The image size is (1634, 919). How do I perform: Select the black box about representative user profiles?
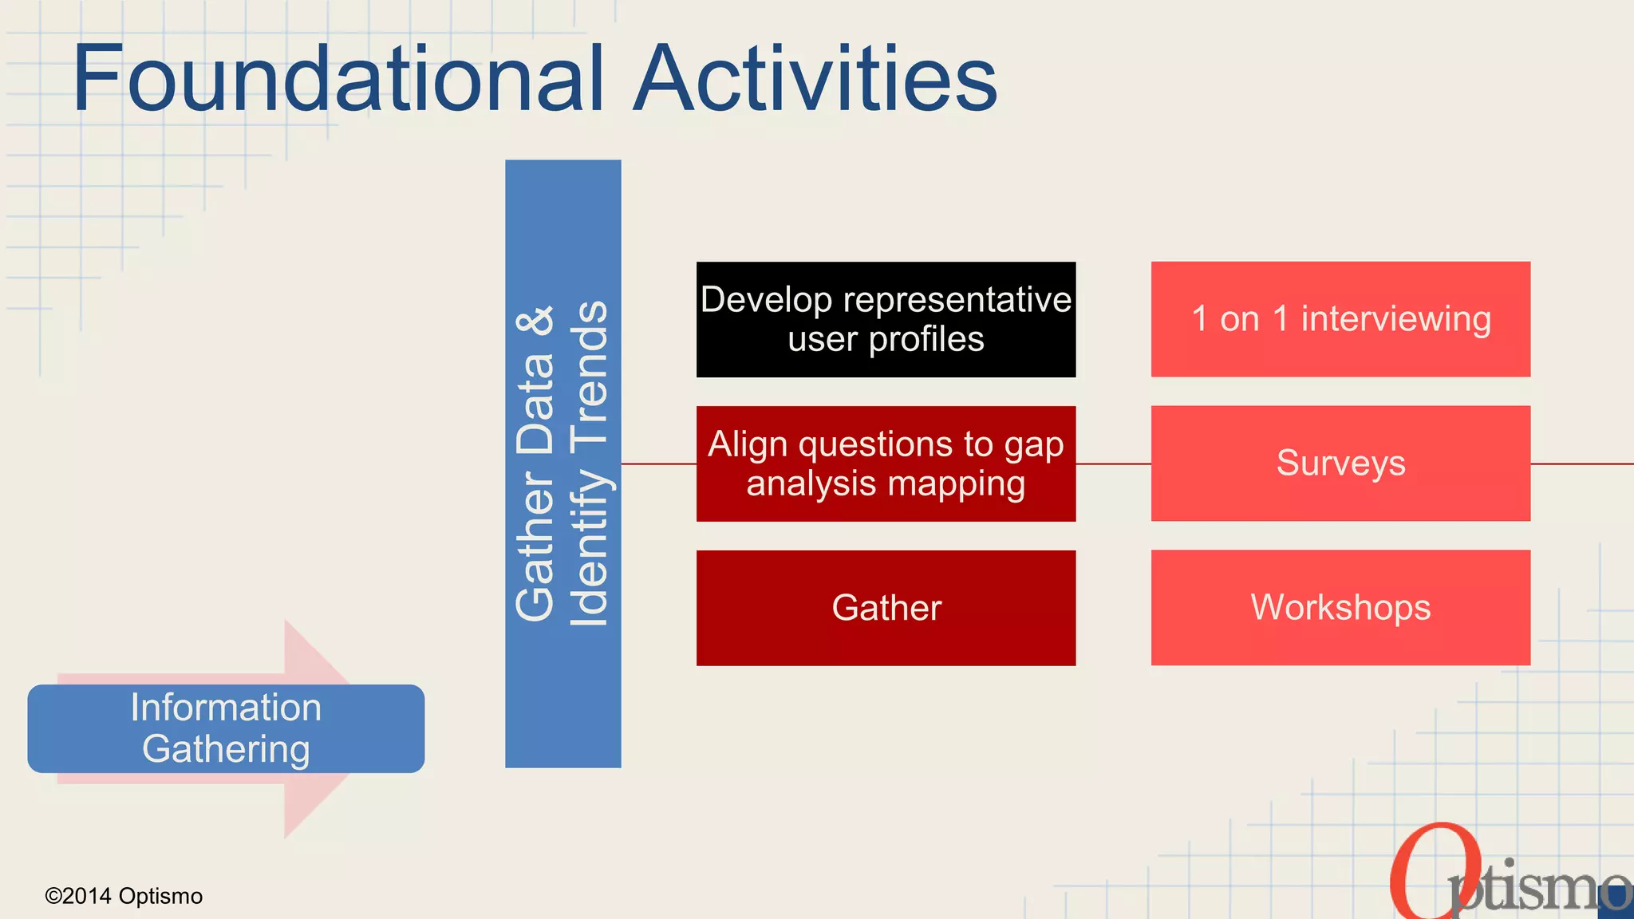[886, 319]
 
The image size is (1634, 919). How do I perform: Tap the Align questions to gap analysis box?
[886, 463]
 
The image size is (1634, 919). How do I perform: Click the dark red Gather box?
[886, 608]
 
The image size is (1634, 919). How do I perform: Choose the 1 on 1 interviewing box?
[1340, 319]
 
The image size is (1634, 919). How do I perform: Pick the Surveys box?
[1340, 463]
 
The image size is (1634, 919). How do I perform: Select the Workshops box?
[1340, 608]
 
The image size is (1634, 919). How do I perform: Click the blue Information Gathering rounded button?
[226, 728]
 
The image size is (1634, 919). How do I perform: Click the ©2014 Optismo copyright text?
[124, 896]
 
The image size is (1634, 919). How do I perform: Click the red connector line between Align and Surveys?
[1113, 463]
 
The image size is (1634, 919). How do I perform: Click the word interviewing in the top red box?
[1395, 319]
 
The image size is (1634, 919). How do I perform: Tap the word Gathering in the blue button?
[226, 749]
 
